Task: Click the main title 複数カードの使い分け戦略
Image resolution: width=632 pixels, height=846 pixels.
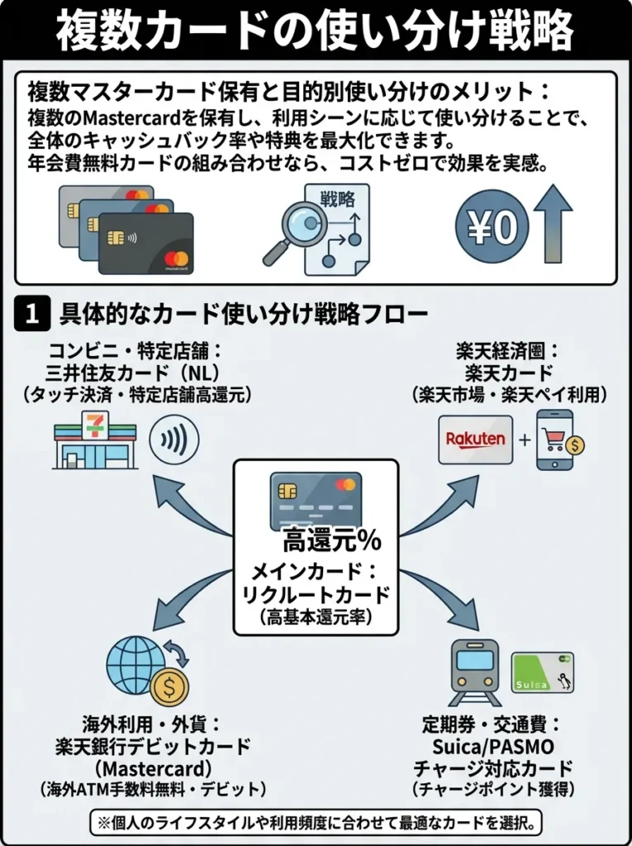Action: (x=316, y=31)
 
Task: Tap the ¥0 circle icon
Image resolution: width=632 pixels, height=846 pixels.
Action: (x=492, y=228)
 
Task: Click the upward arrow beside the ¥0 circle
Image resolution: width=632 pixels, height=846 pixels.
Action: (x=553, y=224)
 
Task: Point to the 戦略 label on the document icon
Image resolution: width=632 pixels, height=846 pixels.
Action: (x=335, y=198)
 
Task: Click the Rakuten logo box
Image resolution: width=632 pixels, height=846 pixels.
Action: (x=475, y=440)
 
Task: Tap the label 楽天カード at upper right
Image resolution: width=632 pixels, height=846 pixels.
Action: (x=509, y=372)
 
